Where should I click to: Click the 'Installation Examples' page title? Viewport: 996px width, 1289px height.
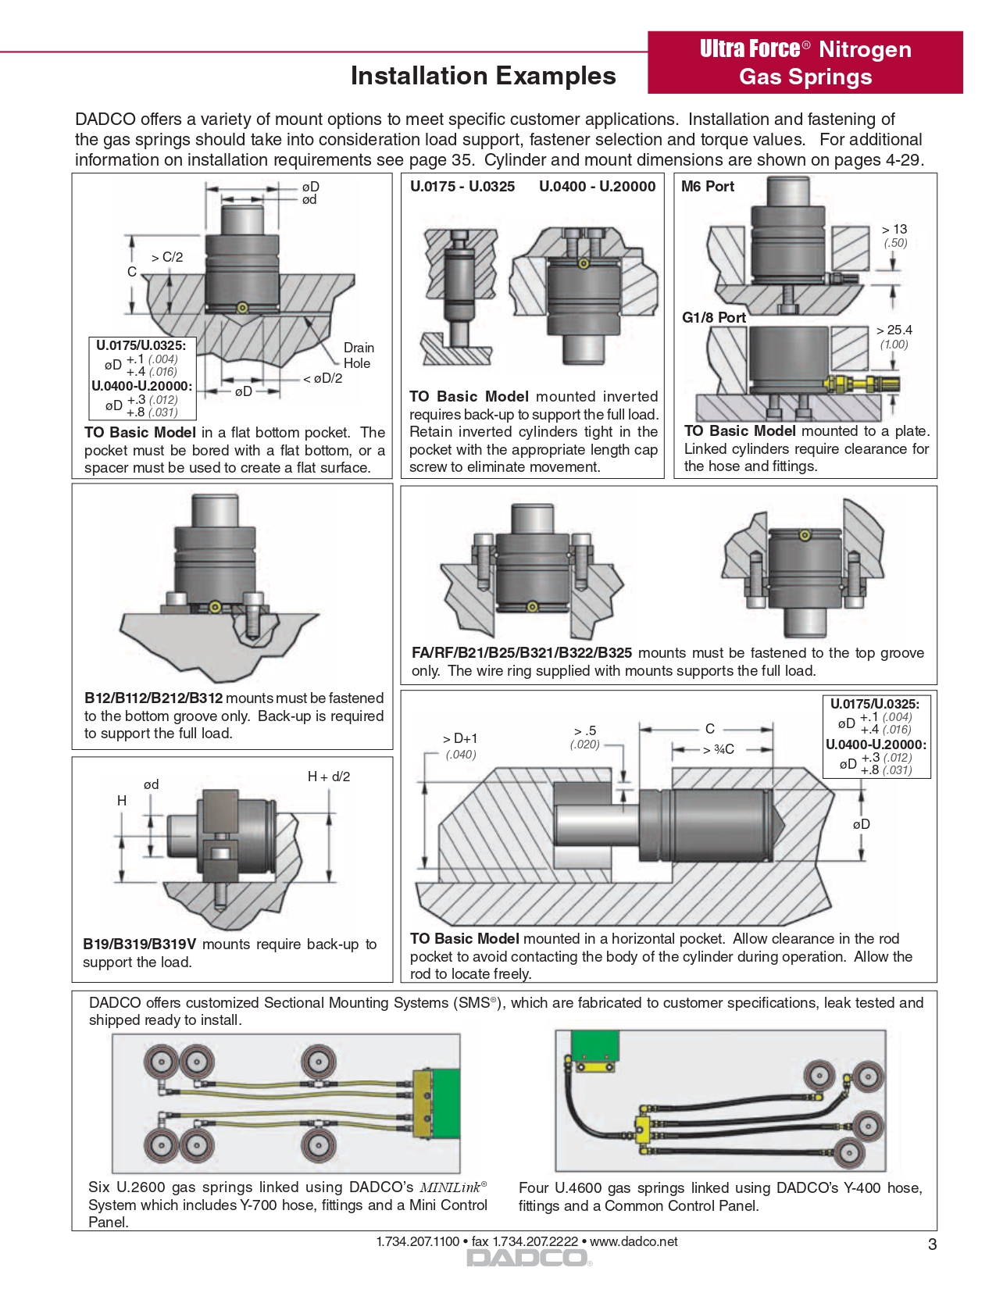(x=483, y=76)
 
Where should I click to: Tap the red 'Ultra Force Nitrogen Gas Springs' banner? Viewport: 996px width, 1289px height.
(x=805, y=62)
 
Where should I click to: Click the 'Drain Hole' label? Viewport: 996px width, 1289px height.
(x=359, y=355)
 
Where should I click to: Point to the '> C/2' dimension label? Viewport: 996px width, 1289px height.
(x=167, y=257)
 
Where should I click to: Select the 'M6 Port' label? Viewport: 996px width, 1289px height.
(x=708, y=187)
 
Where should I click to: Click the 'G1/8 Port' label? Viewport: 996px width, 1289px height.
(x=714, y=317)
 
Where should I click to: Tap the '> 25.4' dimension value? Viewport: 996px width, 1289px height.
(x=894, y=330)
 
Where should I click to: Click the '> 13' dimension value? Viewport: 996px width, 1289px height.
(x=894, y=229)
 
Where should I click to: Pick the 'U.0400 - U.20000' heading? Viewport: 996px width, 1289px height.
(x=597, y=187)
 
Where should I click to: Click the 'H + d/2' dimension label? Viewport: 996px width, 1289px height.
(x=329, y=777)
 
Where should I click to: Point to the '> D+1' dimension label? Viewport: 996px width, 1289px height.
(x=459, y=738)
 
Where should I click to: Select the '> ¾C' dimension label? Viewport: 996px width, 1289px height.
(x=719, y=750)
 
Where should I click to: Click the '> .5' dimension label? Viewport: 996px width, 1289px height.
(x=585, y=731)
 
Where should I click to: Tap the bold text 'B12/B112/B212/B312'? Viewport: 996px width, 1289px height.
(x=153, y=698)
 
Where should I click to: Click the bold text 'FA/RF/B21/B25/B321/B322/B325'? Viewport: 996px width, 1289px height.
(x=521, y=653)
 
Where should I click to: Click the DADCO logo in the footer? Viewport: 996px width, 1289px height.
(x=527, y=1259)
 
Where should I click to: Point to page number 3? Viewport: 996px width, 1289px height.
(x=932, y=1244)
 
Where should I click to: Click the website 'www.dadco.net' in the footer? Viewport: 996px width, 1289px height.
(x=634, y=1241)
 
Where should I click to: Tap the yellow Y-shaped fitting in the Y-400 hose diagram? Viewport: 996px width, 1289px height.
(x=643, y=1125)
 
